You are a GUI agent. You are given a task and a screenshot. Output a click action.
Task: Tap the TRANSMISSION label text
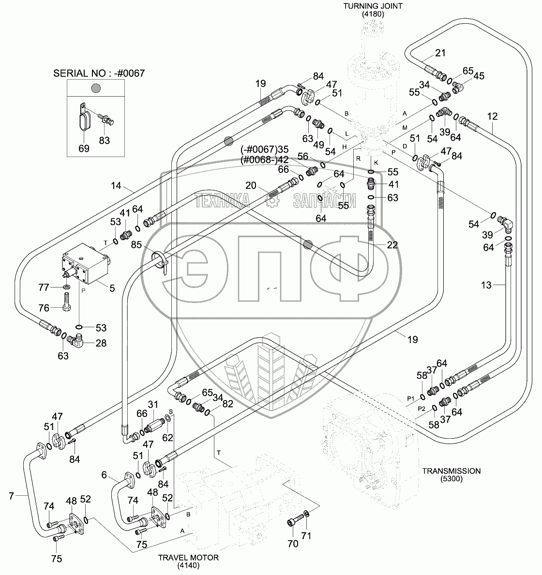point(451,471)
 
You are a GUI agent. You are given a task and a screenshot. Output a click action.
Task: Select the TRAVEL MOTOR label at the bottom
point(188,557)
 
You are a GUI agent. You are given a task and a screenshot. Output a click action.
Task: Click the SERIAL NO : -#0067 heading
point(99,73)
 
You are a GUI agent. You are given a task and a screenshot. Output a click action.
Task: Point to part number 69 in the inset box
point(84,148)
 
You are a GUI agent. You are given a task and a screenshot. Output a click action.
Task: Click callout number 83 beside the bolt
point(105,141)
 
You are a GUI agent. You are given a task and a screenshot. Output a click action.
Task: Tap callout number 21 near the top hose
point(440,53)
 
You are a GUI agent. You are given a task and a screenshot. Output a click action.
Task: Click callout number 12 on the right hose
point(492,116)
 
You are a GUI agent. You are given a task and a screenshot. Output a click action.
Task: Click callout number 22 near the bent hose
point(392,245)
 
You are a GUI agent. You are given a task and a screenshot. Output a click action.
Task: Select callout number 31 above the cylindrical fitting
point(153,404)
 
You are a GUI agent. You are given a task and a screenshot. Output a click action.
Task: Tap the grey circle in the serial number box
point(96,88)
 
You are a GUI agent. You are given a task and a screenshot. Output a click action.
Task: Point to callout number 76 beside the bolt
point(44,308)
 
